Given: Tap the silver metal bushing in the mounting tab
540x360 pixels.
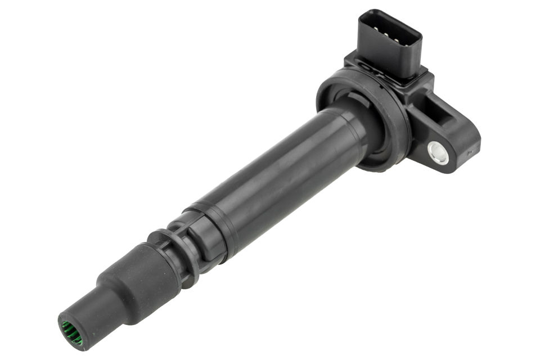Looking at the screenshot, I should (438, 152).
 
